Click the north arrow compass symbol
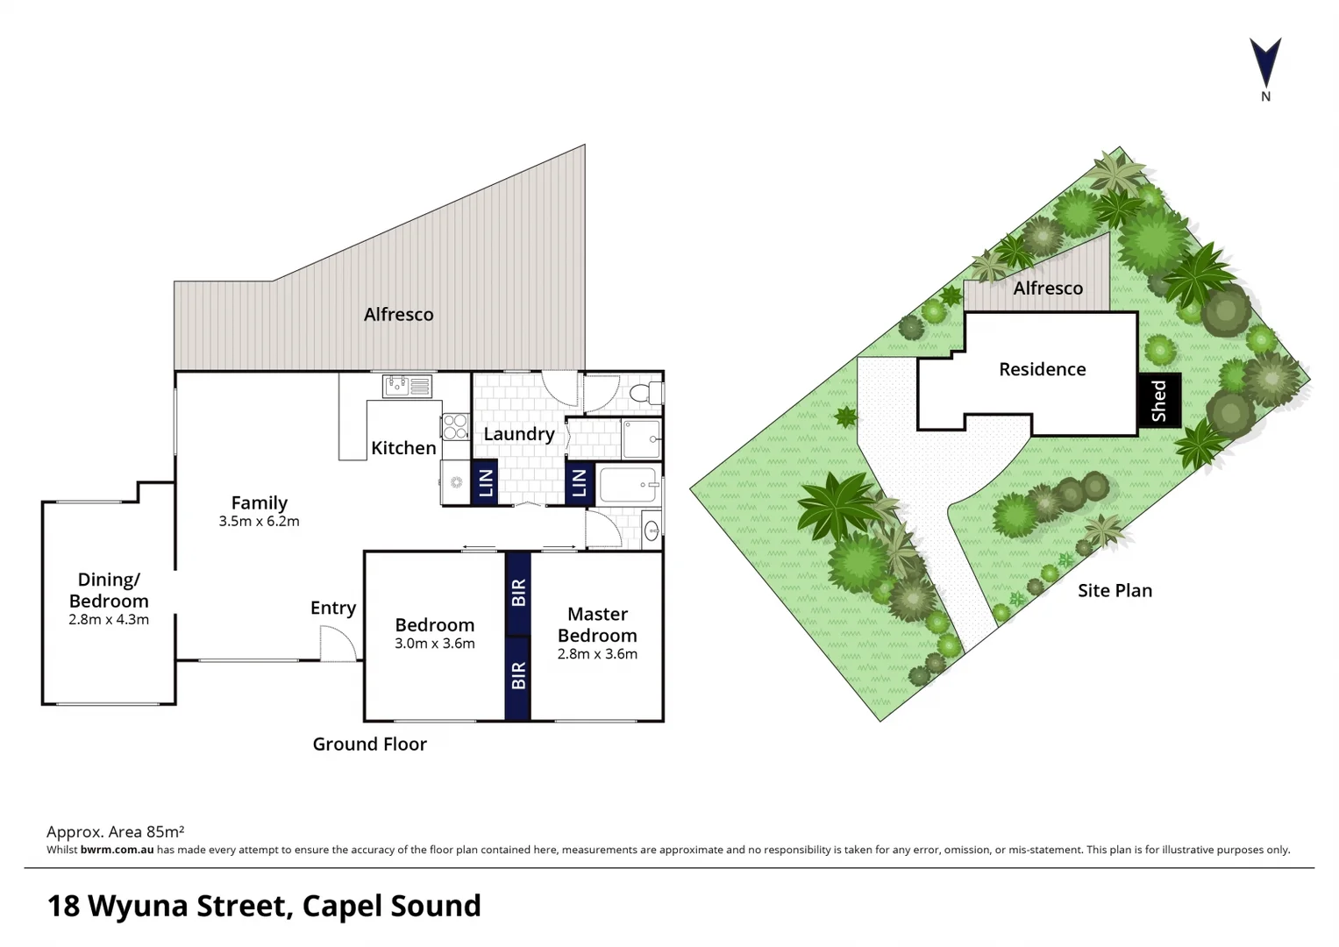click(1265, 63)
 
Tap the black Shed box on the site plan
click(1159, 401)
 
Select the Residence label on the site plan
click(1042, 369)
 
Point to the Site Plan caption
click(1115, 590)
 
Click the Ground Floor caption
click(369, 744)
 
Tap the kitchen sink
click(407, 385)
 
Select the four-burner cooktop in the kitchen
click(455, 427)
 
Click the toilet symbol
click(643, 392)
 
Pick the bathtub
click(628, 484)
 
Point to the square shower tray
click(641, 438)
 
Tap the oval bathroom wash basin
click(652, 530)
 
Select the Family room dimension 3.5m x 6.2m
click(259, 521)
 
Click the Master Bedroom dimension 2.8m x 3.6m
click(597, 654)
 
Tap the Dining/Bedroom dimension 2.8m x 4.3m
click(109, 620)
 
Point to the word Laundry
click(518, 433)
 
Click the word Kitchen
click(403, 447)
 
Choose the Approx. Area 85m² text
click(115, 831)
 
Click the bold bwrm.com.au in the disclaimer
click(117, 850)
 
